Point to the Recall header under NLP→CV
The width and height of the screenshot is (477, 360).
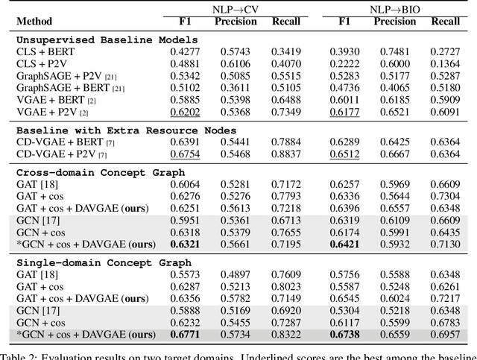point(287,22)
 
